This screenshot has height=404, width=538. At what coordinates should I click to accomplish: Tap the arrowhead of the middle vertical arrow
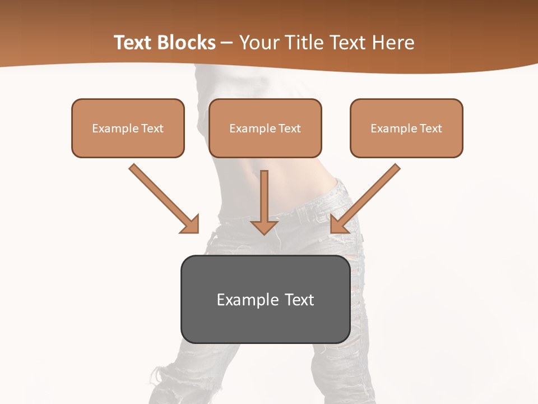point(265,227)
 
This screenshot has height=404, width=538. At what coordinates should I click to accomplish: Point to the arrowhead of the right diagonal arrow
point(338,224)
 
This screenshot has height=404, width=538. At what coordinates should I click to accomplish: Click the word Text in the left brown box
point(152,128)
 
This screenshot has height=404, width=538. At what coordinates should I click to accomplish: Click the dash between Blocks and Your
point(227,43)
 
